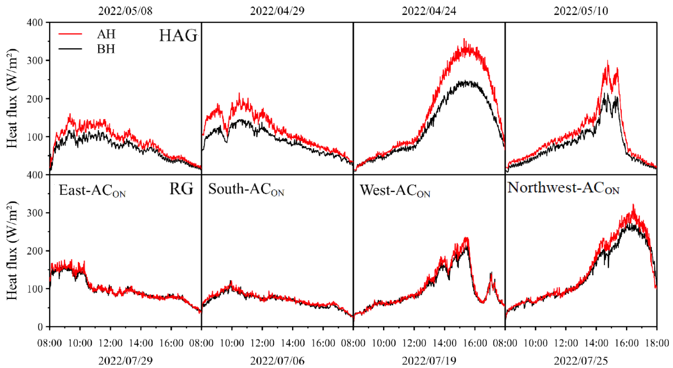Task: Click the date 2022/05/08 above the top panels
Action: click(125, 11)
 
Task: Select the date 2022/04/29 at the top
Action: click(277, 11)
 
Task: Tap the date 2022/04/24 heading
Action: click(429, 11)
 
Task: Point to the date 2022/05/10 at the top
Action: click(581, 11)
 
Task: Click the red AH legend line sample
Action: click(70, 34)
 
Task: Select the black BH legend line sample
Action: click(70, 49)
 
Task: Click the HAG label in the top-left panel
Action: click(178, 36)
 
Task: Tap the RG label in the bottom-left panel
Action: click(181, 189)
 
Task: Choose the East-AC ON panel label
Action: click(92, 190)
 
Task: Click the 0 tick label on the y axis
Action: click(40, 327)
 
